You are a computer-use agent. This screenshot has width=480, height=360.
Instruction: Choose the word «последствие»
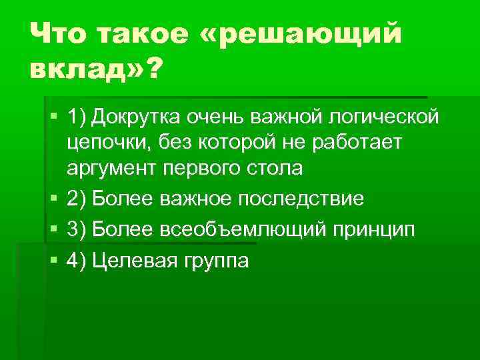297,199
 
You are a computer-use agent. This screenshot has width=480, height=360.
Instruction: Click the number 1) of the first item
77,118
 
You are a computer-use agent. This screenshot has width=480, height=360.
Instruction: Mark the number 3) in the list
77,229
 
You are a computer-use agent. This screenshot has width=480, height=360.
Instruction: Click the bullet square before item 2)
54,199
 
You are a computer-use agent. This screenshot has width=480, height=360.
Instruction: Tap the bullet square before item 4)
54,260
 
